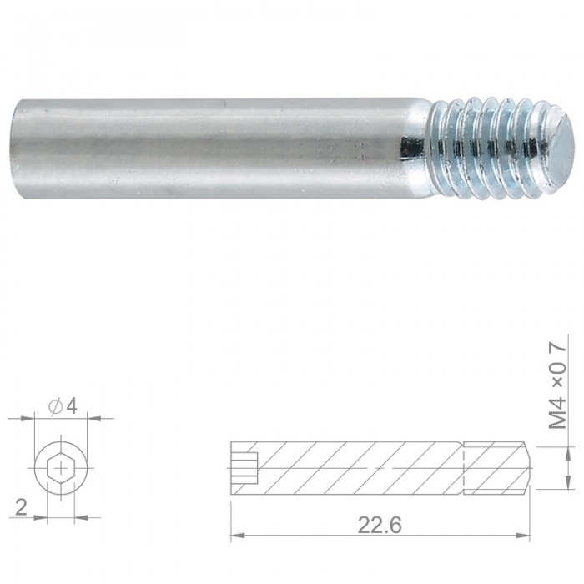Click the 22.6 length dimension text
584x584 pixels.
[380, 526]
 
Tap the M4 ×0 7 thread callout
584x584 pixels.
[558, 386]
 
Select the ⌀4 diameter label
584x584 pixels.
[63, 406]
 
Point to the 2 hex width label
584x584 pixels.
[21, 507]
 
